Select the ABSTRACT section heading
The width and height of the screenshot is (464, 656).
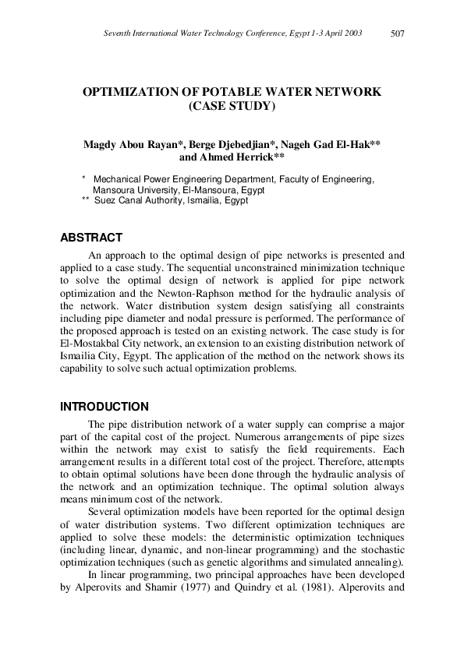91,238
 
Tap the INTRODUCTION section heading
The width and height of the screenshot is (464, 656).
104,406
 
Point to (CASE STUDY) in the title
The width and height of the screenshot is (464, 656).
232,106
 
